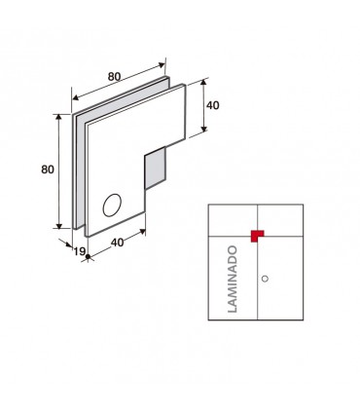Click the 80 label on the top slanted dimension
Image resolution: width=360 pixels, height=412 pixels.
click(x=114, y=77)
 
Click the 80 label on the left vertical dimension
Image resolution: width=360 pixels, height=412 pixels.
click(x=48, y=169)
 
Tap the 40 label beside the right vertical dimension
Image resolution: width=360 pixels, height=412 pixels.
click(x=213, y=105)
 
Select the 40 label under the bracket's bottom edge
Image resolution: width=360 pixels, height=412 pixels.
click(x=117, y=243)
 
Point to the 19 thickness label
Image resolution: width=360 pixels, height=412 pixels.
click(x=79, y=251)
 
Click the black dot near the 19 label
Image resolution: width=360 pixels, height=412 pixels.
click(x=88, y=257)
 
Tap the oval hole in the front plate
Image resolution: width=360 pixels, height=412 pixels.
click(x=112, y=205)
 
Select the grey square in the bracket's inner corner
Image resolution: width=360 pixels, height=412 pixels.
click(x=155, y=168)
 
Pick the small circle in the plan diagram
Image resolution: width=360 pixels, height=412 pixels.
click(x=265, y=279)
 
